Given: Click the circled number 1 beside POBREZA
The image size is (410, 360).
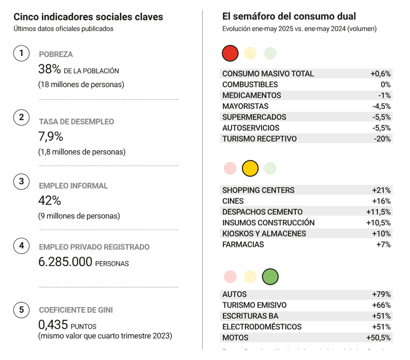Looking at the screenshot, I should tap(21, 53).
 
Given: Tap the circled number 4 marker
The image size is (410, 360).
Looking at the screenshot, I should tap(21, 246).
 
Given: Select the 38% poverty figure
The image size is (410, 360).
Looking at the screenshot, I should tap(50, 69).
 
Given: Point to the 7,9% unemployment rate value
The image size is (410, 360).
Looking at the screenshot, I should tap(50, 136).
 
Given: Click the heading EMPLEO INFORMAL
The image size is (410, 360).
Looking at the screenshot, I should tap(73, 186).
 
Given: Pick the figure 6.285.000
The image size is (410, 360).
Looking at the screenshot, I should tap(65, 262).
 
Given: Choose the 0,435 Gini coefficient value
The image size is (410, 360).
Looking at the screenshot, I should tap(53, 325).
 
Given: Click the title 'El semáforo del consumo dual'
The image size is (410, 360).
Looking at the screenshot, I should tap(289, 16).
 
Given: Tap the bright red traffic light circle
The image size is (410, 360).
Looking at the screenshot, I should tap(230, 53).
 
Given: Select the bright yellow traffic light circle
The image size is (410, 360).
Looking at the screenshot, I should tap(250, 169).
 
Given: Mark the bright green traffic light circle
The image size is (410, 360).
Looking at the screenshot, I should tap(270, 276).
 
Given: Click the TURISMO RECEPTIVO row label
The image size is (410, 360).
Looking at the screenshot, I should tap(259, 139).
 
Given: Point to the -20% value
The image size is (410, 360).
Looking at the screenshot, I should tap(382, 139).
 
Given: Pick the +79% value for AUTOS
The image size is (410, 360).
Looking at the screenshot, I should tap(381, 294).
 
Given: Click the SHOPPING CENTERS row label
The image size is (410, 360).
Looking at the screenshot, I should tap(258, 190).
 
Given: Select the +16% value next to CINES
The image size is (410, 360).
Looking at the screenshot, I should tap(381, 201).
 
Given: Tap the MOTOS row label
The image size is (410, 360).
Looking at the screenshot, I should tap(235, 338).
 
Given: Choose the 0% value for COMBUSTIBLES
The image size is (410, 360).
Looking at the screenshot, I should tap(385, 84).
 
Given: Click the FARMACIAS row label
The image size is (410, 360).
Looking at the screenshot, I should tap(243, 244).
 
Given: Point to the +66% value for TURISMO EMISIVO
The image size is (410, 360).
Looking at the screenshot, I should tap(381, 305).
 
